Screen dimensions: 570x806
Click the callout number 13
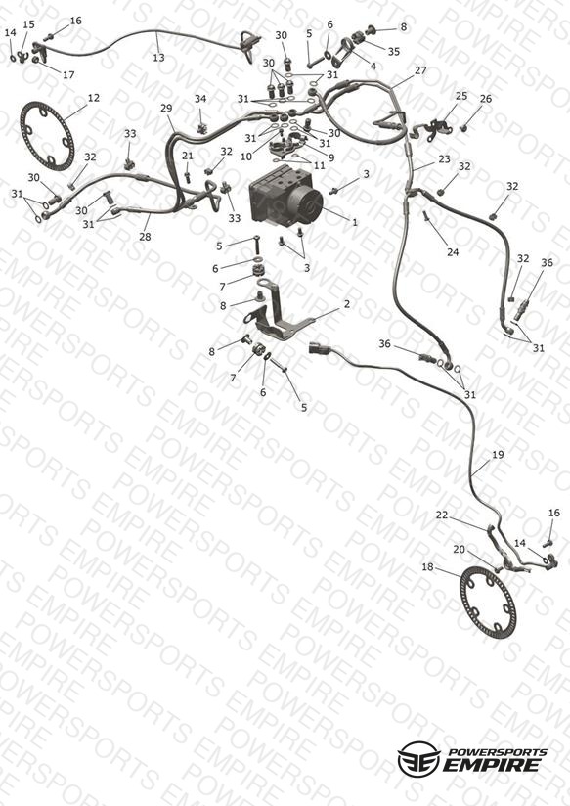tap(158, 58)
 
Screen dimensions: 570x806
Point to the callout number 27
tap(420, 70)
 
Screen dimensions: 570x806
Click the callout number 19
tap(498, 455)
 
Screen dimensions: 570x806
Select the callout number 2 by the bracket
tap(347, 304)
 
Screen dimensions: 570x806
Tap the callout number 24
tap(453, 252)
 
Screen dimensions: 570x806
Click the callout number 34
tap(199, 99)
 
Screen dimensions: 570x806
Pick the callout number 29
tap(166, 108)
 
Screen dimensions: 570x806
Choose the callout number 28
tap(145, 237)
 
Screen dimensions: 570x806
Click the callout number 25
tap(461, 96)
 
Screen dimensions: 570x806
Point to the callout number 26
tap(485, 99)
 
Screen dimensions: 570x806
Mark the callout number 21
tap(188, 156)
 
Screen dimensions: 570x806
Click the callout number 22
tap(442, 515)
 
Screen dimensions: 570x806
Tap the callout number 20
tap(459, 549)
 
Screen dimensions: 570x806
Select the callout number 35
tap(394, 52)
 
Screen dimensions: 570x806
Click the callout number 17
tap(68, 75)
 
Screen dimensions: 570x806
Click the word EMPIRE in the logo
tap(493, 765)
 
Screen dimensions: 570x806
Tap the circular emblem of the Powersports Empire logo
tap(418, 759)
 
